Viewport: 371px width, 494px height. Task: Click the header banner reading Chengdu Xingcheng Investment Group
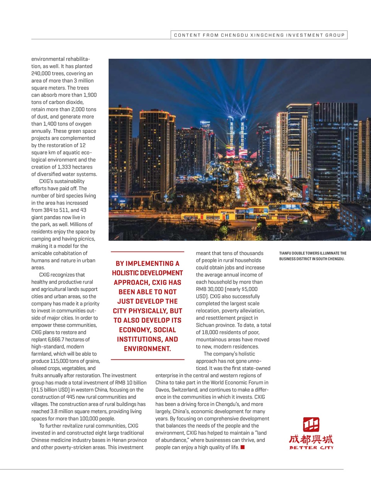coord(259,35)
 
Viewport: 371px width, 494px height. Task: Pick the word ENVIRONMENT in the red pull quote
coord(147,349)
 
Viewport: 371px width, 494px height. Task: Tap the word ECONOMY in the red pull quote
coord(135,330)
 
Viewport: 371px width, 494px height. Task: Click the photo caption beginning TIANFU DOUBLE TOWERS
coord(313,256)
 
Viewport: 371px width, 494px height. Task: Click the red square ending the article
coord(242,447)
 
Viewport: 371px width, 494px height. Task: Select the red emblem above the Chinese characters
coord(311,425)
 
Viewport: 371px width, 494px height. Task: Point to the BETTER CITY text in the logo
coord(311,448)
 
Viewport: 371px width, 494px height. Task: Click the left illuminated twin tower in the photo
coord(231,137)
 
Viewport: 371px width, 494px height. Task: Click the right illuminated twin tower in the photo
coord(243,137)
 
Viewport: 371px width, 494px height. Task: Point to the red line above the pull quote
coord(147,252)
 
